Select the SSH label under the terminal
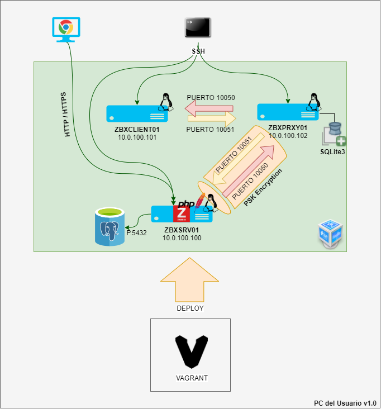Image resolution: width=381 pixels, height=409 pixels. click(198, 51)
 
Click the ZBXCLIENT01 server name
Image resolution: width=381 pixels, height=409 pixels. click(137, 130)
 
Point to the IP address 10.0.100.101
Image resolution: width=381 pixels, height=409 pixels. click(137, 137)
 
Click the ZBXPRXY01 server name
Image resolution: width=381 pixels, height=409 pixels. click(288, 127)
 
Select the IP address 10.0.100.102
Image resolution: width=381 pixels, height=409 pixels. click(288, 135)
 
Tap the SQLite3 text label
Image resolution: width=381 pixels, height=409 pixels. click(332, 151)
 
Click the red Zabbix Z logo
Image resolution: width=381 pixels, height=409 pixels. click(182, 214)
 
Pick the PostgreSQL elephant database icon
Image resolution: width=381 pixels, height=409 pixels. click(109, 226)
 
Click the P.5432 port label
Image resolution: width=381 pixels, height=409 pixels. click(136, 233)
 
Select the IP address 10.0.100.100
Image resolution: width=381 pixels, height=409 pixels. click(182, 237)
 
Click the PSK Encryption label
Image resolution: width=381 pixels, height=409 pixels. click(264, 187)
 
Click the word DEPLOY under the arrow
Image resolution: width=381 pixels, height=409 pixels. click(190, 308)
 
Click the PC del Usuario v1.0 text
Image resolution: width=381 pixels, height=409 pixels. click(345, 403)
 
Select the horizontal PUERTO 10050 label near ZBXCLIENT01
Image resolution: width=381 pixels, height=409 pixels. click(211, 97)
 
